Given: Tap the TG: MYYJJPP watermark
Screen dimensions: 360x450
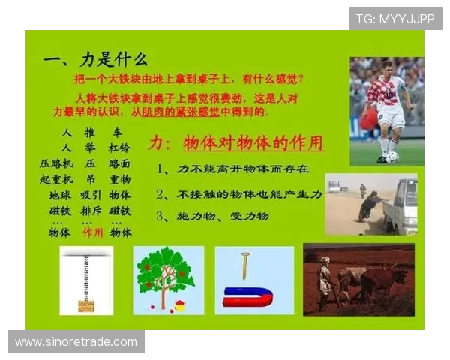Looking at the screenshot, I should (x=394, y=19).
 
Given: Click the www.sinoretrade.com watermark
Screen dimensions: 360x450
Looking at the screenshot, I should (x=76, y=342).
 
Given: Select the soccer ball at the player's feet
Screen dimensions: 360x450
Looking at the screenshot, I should (x=391, y=157).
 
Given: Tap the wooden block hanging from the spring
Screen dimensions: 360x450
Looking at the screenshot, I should (x=86, y=305).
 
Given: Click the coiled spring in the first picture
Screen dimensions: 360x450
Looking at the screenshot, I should (x=86, y=277).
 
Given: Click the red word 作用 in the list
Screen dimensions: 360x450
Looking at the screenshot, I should (x=92, y=232).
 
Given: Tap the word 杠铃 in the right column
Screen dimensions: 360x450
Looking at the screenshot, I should (x=119, y=148).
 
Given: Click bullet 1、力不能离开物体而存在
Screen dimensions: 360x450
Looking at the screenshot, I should (x=232, y=169).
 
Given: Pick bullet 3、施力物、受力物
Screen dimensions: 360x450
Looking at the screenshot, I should (x=211, y=216).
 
